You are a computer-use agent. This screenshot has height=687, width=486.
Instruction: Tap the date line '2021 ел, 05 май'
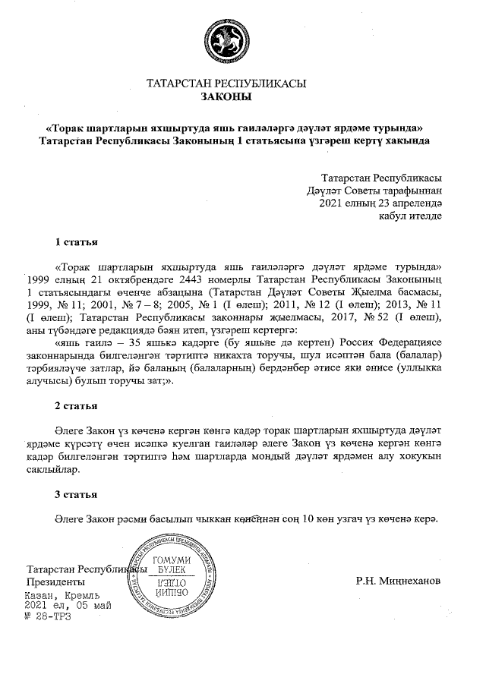click(68, 606)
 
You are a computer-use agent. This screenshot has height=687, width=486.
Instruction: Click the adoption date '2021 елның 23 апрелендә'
click(377, 203)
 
